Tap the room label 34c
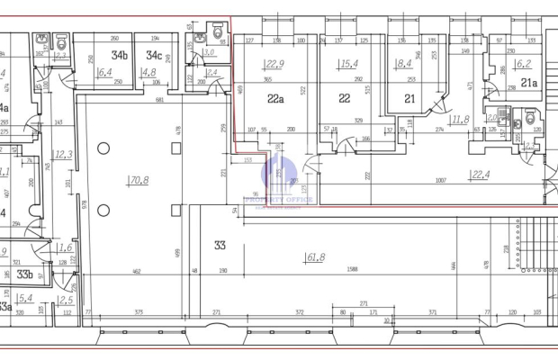pyautogui.click(x=154, y=56)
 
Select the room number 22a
pyautogui.click(x=275, y=100)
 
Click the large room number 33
pyautogui.click(x=220, y=244)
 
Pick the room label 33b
pyautogui.click(x=25, y=275)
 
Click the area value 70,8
pyautogui.click(x=139, y=181)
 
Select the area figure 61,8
pyautogui.click(x=316, y=258)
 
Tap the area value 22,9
pyautogui.click(x=274, y=64)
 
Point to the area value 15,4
pyautogui.click(x=349, y=64)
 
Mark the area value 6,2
pyautogui.click(x=524, y=64)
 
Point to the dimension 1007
pyautogui.click(x=442, y=182)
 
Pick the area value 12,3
pyautogui.click(x=63, y=155)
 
